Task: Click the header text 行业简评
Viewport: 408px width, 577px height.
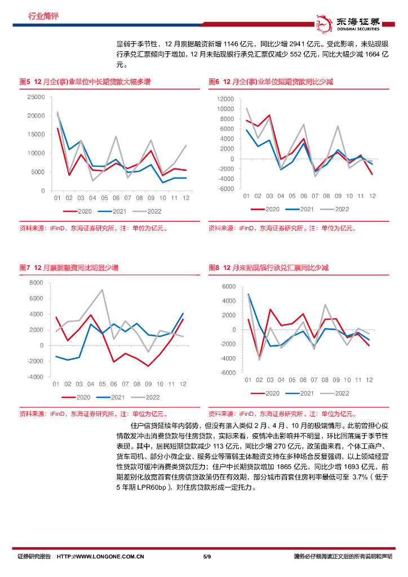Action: (x=43, y=16)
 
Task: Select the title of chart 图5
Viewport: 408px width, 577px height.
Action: (x=85, y=82)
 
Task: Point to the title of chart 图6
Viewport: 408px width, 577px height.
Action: (x=270, y=82)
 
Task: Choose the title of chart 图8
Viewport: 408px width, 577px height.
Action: (x=268, y=268)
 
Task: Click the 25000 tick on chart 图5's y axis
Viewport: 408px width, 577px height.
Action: (x=36, y=97)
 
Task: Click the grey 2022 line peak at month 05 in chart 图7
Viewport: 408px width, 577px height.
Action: (x=102, y=290)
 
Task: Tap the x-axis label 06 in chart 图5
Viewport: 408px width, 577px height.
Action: (x=116, y=198)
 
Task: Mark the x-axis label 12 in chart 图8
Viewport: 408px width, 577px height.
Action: (x=370, y=380)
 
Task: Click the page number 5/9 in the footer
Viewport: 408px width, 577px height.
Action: (x=206, y=557)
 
